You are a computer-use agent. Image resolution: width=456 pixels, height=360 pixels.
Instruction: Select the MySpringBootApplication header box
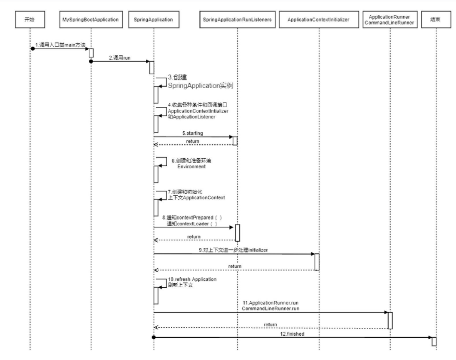91,20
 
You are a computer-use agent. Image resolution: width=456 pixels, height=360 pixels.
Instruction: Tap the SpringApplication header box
153,20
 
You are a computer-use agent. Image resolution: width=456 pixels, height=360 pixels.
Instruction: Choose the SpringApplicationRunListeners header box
237,20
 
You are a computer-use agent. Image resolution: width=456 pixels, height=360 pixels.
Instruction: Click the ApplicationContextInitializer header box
318,20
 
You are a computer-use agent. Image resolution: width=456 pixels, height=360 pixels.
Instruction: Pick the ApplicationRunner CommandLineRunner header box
390,20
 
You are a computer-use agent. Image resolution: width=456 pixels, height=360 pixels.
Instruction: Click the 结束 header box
436,20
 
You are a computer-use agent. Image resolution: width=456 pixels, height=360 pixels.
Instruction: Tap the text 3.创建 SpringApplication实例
200,82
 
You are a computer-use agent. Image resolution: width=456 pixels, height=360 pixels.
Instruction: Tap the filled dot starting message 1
32,49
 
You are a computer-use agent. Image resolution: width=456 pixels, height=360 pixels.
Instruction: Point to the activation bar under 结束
434,341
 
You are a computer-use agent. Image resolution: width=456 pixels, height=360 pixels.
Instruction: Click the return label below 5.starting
193,141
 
